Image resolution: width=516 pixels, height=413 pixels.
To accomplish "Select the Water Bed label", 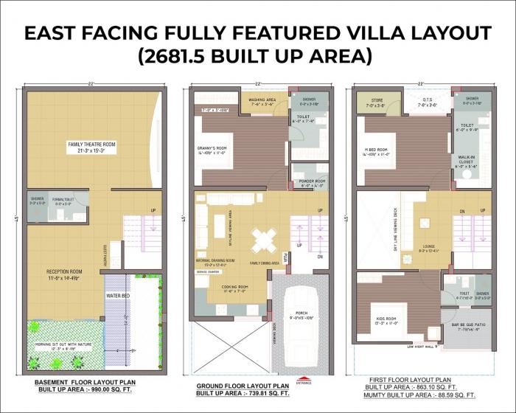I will tap(118, 296).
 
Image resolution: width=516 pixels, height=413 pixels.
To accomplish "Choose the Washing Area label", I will tap(262, 101).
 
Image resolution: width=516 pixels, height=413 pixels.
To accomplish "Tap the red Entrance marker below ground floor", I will tap(304, 381).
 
